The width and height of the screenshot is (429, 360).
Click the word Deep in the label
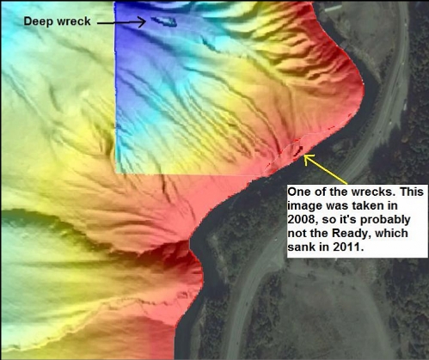click(37, 21)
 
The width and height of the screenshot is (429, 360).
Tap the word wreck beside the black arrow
click(73, 21)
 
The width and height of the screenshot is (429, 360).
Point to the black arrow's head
click(141, 21)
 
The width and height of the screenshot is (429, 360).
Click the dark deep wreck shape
click(163, 21)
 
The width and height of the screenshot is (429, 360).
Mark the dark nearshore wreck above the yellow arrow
click(298, 149)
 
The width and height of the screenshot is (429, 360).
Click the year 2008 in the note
click(302, 220)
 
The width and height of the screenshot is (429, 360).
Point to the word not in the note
click(297, 234)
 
